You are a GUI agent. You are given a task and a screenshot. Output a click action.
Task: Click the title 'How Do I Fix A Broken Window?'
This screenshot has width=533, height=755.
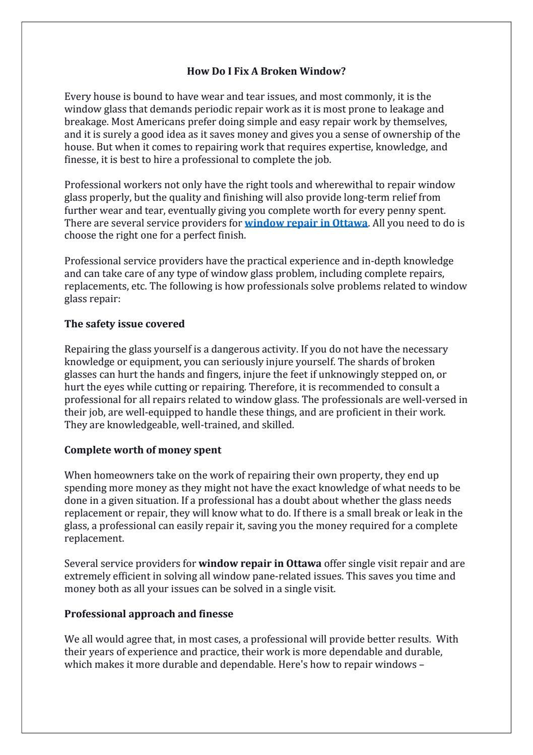[x=266, y=71]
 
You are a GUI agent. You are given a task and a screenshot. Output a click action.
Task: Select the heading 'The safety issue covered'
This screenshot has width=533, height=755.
[x=124, y=324]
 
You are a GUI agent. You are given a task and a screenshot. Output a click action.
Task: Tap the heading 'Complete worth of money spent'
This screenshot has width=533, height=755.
[x=143, y=450]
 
